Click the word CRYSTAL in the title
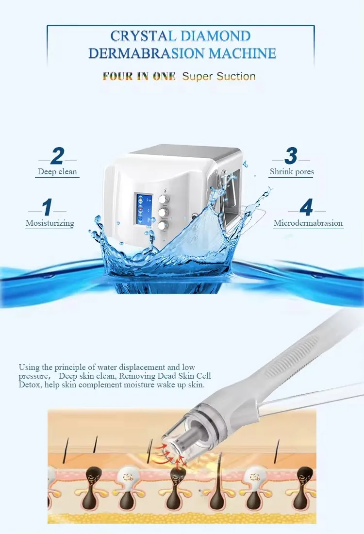coord(144,36)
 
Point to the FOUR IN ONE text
coord(139,76)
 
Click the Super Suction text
coord(218,76)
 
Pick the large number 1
coord(47,208)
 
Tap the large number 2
coord(57,156)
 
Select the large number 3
coord(291,156)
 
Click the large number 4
coord(306,208)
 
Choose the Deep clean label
coord(57,171)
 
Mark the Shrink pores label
coord(292,171)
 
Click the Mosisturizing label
coord(50,223)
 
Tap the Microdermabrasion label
coord(308,223)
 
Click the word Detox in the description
coord(30,384)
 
